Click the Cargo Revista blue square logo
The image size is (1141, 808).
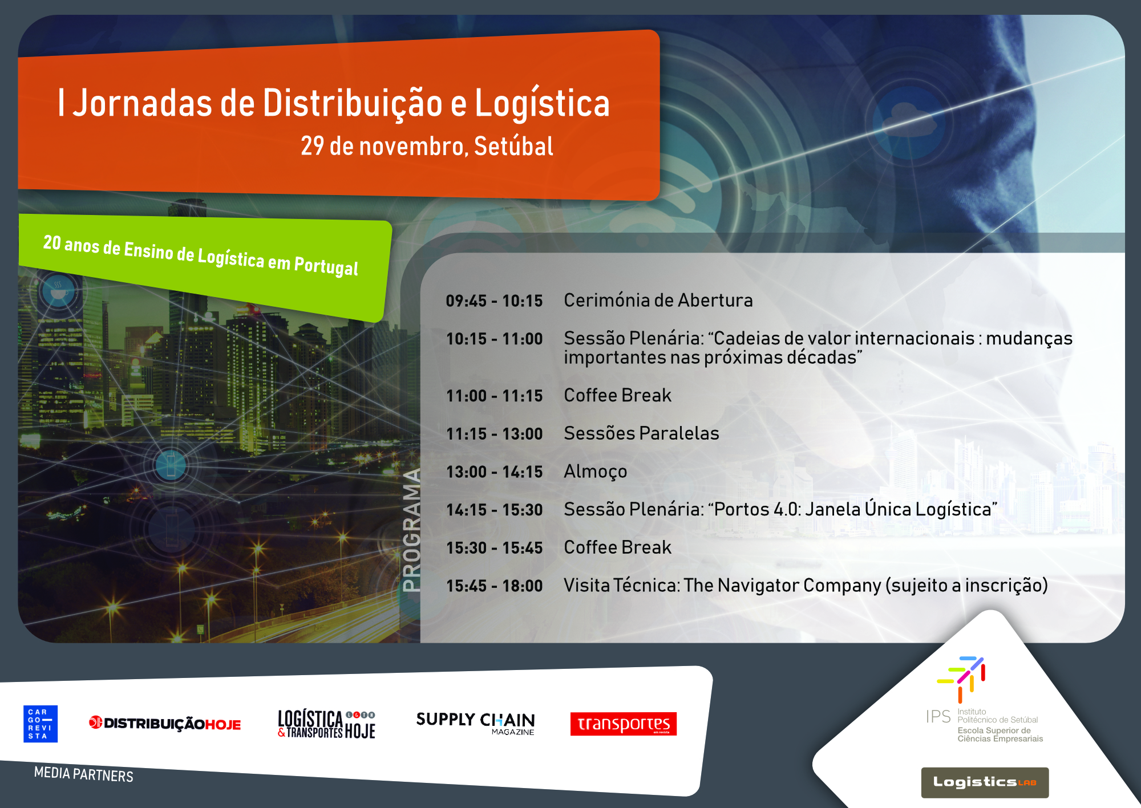[41, 724]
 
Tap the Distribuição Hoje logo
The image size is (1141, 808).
[165, 724]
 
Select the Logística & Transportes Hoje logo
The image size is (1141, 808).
[326, 724]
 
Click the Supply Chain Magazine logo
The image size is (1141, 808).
[475, 723]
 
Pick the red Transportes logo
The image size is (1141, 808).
[624, 724]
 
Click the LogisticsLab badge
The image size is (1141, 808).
[985, 782]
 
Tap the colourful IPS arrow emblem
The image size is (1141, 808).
[961, 679]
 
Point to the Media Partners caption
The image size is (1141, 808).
[84, 774]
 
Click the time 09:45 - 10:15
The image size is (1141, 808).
[494, 301]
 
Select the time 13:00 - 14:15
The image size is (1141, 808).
[494, 472]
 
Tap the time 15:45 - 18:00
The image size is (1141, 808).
[494, 586]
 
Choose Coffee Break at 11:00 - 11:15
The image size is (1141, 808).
[618, 395]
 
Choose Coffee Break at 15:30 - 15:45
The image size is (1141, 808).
[618, 547]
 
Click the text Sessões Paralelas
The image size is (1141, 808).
[642, 433]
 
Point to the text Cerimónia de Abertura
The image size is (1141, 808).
[658, 300]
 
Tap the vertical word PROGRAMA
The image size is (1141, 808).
[411, 530]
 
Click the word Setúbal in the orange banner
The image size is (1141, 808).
[513, 146]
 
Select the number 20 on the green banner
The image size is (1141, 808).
[52, 243]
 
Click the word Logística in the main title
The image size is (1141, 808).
[543, 103]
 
